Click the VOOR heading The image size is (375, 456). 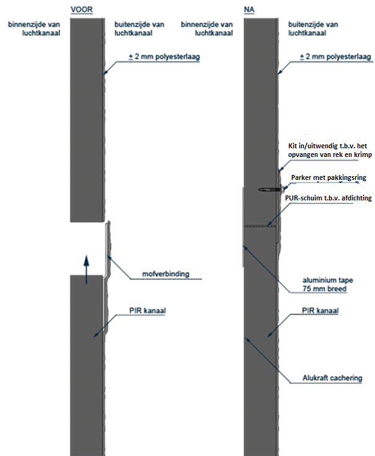[x=82, y=9]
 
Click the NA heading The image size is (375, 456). [x=249, y=9]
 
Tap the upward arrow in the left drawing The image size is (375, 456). [x=86, y=270]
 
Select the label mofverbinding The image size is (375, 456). [x=165, y=274]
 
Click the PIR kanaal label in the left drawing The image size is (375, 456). [x=148, y=311]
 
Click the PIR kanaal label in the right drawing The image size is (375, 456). [x=320, y=311]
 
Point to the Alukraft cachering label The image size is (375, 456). [x=332, y=378]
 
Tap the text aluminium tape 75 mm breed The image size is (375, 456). [x=328, y=284]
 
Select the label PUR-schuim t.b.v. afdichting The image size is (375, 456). [x=329, y=198]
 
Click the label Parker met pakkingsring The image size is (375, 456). [x=329, y=177]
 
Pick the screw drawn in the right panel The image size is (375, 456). [x=271, y=190]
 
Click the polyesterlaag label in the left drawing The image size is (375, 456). [x=164, y=56]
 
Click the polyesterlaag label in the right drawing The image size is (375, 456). [x=335, y=56]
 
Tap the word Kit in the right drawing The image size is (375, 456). [x=293, y=146]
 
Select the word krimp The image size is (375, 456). [x=363, y=154]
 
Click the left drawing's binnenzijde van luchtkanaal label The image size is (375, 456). [x=34, y=29]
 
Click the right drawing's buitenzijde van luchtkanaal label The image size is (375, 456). [x=313, y=29]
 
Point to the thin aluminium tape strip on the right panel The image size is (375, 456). [x=243, y=227]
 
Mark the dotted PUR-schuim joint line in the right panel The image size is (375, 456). [x=260, y=226]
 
